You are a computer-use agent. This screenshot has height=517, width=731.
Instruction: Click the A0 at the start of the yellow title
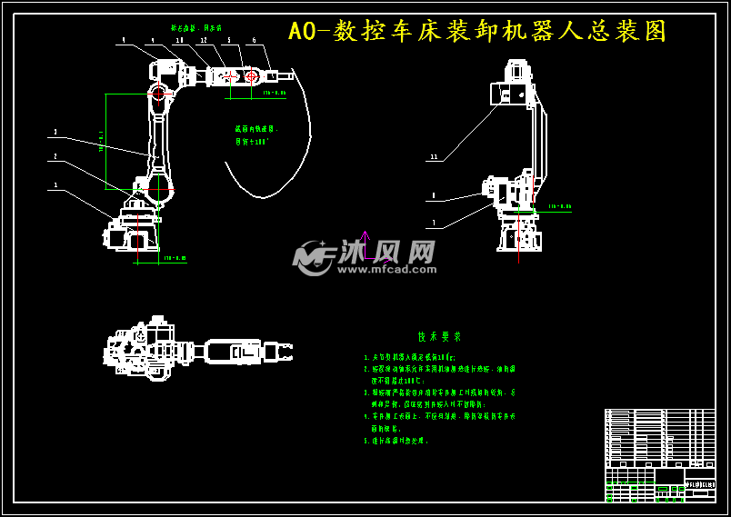(303, 32)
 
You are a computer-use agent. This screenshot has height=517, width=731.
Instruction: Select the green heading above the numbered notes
(434, 336)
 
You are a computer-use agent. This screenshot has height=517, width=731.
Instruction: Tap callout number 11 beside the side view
(434, 157)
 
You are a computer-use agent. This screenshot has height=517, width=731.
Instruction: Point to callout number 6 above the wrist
(254, 40)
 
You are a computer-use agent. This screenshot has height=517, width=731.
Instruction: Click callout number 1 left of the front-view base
(55, 184)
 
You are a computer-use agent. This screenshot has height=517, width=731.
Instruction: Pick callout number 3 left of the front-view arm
(55, 132)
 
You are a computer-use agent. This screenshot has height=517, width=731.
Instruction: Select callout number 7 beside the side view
(434, 222)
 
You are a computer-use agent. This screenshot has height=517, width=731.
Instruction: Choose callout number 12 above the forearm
(204, 40)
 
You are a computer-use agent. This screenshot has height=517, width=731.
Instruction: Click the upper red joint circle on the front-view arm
(159, 93)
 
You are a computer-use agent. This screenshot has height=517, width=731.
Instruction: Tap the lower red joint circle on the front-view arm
(159, 188)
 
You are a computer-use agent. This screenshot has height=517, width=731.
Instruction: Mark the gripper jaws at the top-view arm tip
(283, 349)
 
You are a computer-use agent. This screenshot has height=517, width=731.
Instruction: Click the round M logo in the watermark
(312, 258)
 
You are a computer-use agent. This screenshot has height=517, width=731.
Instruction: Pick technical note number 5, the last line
(396, 441)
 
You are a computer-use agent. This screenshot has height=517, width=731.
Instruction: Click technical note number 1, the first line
(409, 358)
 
